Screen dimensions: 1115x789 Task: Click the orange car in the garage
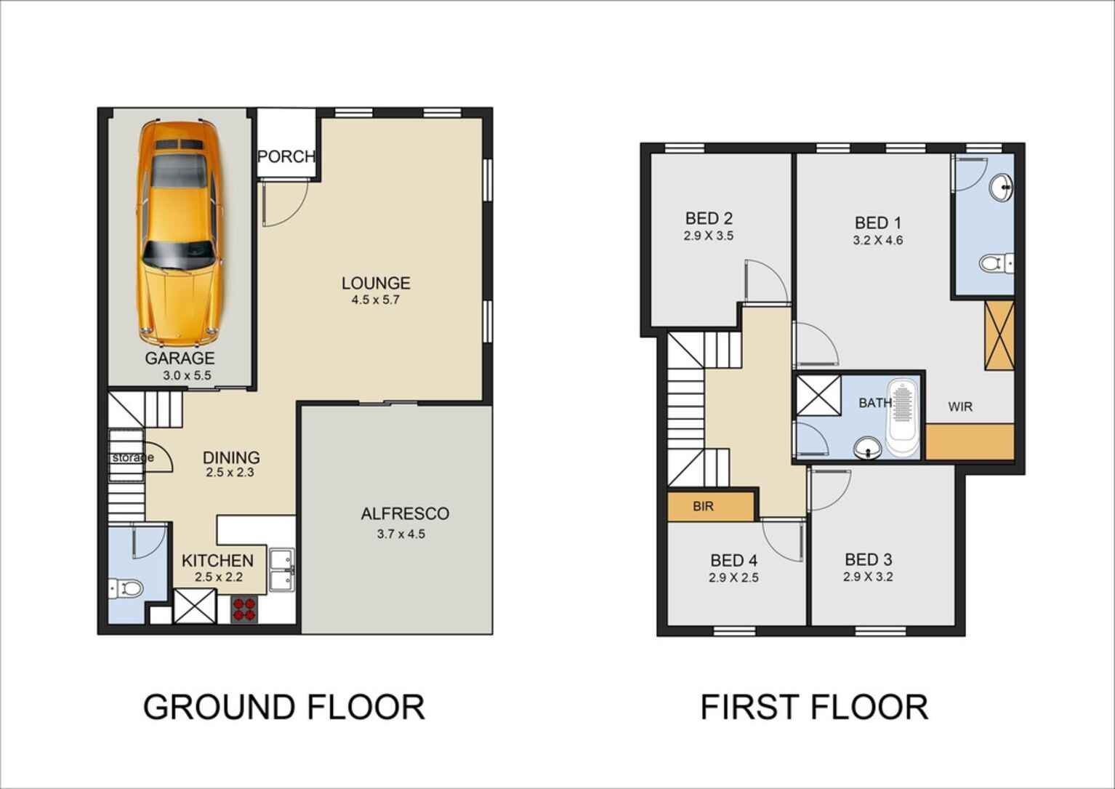(x=179, y=233)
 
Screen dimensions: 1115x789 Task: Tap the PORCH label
(x=286, y=156)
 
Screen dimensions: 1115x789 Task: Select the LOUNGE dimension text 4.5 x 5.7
(x=375, y=300)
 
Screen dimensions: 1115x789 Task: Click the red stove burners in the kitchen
(x=244, y=609)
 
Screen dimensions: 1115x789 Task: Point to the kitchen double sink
(x=282, y=570)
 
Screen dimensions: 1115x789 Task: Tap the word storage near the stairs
(x=132, y=457)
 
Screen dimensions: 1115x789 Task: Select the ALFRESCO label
(x=405, y=513)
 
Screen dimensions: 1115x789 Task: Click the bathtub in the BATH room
(x=903, y=417)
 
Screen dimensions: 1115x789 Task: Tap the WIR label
(x=960, y=406)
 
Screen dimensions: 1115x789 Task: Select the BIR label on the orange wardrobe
(x=703, y=507)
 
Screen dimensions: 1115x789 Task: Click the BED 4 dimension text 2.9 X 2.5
(x=733, y=578)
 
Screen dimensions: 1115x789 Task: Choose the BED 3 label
(x=868, y=559)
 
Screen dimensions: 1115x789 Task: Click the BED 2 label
(x=709, y=218)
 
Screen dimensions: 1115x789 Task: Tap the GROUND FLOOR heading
(x=284, y=707)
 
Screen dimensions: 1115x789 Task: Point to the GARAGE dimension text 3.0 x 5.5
(x=187, y=375)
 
